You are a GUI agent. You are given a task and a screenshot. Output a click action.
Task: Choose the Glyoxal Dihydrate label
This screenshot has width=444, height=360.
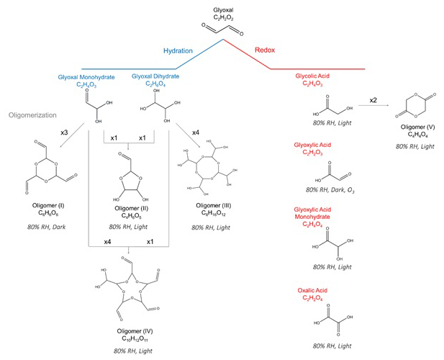point(155,76)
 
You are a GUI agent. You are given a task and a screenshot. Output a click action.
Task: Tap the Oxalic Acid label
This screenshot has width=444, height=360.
point(316,291)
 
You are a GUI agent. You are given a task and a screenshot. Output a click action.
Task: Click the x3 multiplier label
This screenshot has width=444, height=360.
point(63,135)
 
